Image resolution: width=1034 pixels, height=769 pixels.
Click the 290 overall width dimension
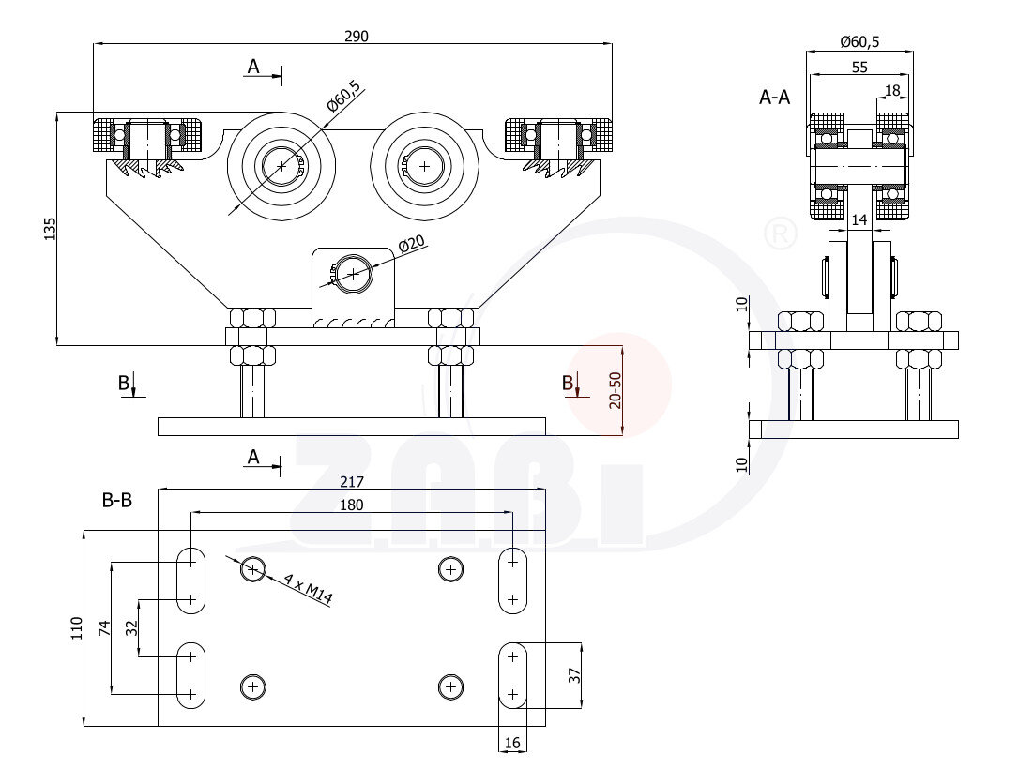pos(357,37)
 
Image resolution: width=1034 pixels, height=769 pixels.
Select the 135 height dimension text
pos(50,229)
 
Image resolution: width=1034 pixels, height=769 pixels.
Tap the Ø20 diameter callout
pos(412,244)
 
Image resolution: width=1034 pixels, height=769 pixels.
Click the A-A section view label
pos(775,97)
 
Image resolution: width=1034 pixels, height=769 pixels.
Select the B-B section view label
pos(117,501)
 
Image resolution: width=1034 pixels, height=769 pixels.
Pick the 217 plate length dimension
pos(352,482)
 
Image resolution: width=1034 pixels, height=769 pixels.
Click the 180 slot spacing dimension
pos(352,505)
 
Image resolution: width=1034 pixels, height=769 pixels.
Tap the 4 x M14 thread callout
pos(308,590)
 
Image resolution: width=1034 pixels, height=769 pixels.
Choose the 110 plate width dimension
pos(77,628)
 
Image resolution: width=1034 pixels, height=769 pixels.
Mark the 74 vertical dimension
pos(104,628)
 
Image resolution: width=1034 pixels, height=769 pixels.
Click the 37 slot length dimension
pos(575,673)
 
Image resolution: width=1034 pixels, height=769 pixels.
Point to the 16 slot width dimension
pos(512,743)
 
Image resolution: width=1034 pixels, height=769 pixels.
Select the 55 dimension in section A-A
pos(859,67)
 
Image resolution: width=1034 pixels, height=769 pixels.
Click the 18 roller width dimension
pos(892,90)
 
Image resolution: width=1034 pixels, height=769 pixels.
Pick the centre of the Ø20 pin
pos(352,274)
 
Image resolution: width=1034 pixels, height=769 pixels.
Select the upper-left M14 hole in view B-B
pos(252,568)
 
